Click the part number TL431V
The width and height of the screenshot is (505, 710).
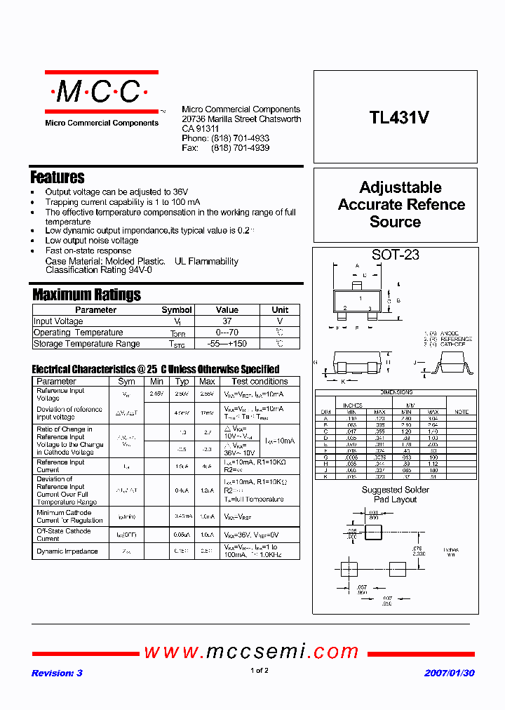[x=399, y=119]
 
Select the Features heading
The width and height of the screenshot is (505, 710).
[x=58, y=177]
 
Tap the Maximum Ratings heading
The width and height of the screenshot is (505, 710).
[x=86, y=295]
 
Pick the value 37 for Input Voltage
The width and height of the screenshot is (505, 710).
[x=227, y=321]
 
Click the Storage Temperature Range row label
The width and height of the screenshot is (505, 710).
[x=86, y=344]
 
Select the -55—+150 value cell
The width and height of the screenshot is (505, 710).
[x=227, y=344]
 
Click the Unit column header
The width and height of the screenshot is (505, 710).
[x=280, y=309]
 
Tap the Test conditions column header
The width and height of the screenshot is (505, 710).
[x=260, y=381]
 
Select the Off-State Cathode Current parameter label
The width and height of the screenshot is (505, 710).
[x=63, y=535]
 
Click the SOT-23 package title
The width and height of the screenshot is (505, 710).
[x=395, y=255]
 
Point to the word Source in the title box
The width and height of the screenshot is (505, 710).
[x=395, y=222]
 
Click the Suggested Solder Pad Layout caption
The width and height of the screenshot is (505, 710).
[x=395, y=495]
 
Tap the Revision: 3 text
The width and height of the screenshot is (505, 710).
[x=57, y=673]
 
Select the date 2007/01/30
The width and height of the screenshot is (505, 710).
[x=449, y=673]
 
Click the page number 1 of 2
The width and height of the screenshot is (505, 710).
[x=259, y=671]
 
